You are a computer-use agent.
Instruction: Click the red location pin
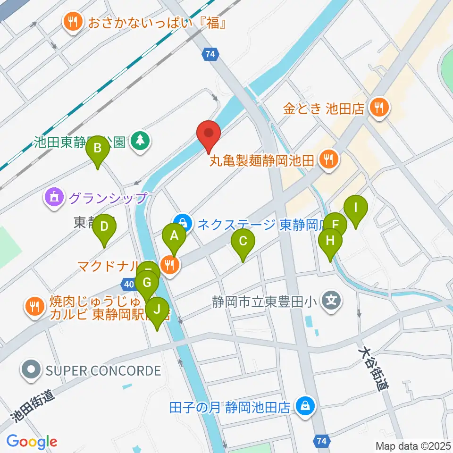208,134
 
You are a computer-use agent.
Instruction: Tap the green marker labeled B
97,149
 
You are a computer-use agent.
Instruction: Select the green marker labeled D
104,227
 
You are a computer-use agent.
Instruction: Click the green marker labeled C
243,242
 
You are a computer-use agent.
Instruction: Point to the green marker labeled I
356,208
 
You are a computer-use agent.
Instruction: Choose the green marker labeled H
330,241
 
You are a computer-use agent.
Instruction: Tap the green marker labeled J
157,310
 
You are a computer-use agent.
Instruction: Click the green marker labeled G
147,284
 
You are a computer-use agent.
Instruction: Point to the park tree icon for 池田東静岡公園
140,141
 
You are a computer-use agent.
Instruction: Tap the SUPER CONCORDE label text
103,370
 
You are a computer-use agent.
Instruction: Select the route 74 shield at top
210,54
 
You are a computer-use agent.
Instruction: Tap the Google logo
32,442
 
